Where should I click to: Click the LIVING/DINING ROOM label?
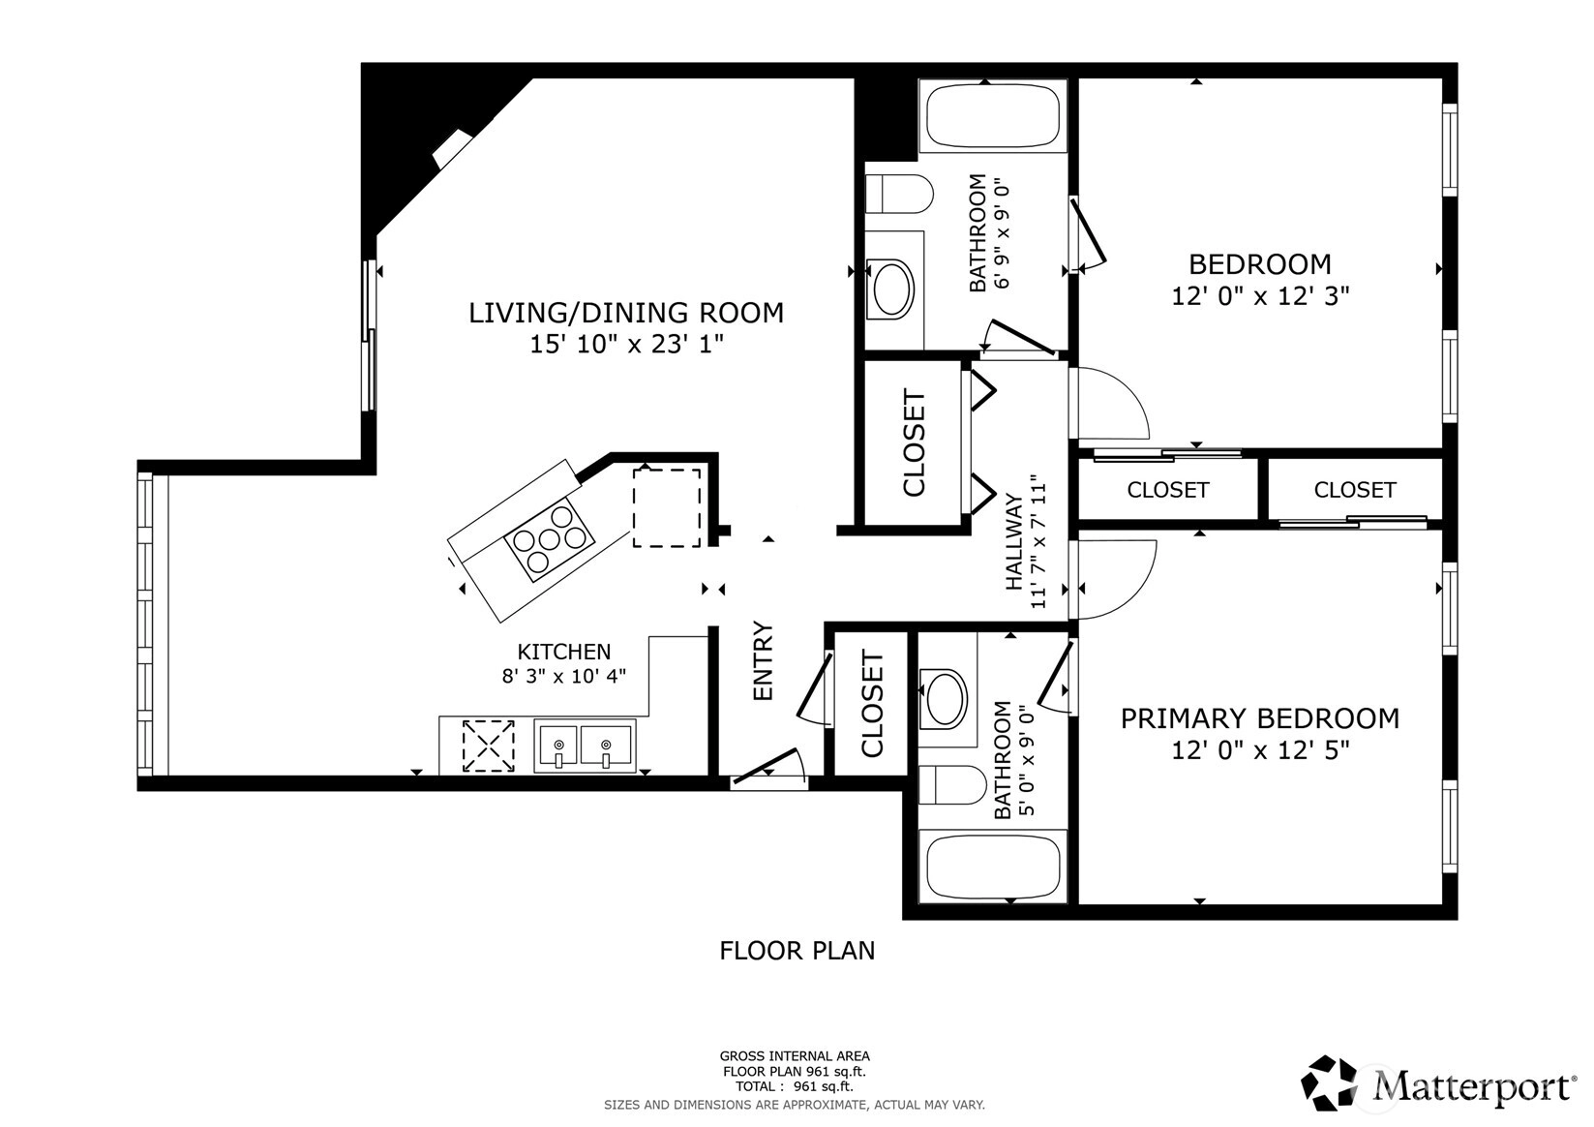coord(625,314)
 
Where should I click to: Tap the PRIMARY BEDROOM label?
coord(1259,718)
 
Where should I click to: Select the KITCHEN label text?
coord(563,652)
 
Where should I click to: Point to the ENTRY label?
coord(763,661)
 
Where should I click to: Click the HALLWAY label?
coord(1014,542)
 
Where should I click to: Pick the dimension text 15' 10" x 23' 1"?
coord(626,345)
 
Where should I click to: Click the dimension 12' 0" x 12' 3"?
coord(1260,295)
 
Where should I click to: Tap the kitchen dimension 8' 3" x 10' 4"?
coord(563,675)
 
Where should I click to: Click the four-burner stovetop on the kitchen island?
coord(550,539)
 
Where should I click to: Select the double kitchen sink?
coord(585,746)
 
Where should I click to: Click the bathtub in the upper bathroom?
coord(993,116)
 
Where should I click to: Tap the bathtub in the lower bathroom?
coord(993,866)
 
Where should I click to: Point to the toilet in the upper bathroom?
coord(899,194)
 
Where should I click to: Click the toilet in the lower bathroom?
coord(952,784)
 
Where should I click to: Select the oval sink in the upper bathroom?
coord(893,289)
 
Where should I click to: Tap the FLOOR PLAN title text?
coord(797,951)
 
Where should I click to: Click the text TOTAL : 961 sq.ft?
coord(795,1086)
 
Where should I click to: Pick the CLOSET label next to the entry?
coord(872,703)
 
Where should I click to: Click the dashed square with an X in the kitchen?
coord(488,746)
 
